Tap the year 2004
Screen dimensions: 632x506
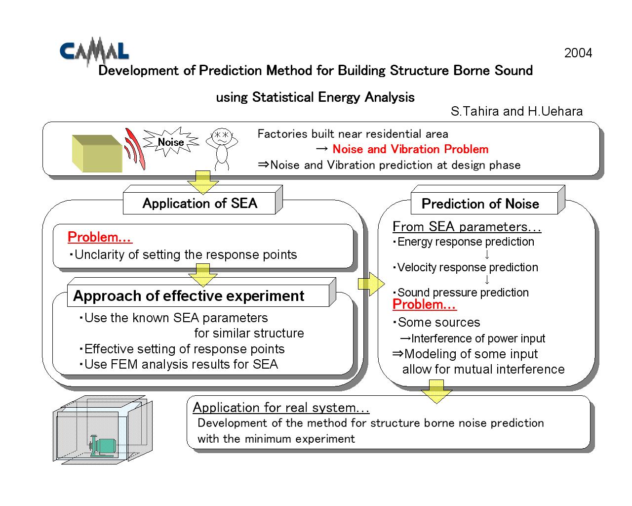pos(578,53)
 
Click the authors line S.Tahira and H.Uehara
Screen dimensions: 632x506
pos(516,111)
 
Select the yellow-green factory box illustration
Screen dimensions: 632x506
pos(97,153)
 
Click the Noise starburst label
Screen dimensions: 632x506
pos(171,142)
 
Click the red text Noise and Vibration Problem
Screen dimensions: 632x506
pos(410,149)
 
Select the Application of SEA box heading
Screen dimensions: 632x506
pos(199,203)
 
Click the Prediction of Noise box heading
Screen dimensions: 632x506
pos(480,204)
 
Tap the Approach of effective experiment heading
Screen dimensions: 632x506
pos(189,296)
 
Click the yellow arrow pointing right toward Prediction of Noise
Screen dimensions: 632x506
pos(371,284)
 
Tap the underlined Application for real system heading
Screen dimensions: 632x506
pos(281,408)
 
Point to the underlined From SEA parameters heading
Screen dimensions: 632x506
pos(467,227)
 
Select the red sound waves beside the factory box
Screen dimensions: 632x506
pos(134,149)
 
